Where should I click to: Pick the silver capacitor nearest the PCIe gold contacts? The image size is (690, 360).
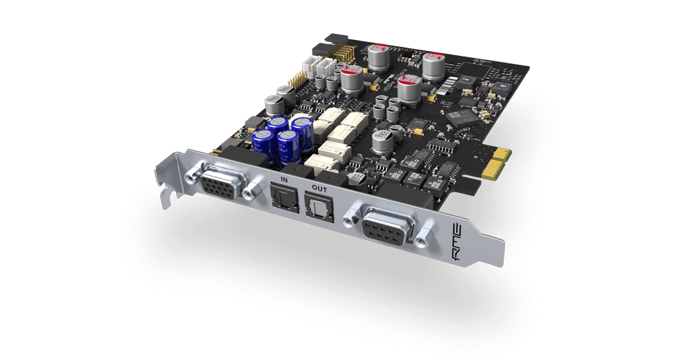point(382,141)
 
